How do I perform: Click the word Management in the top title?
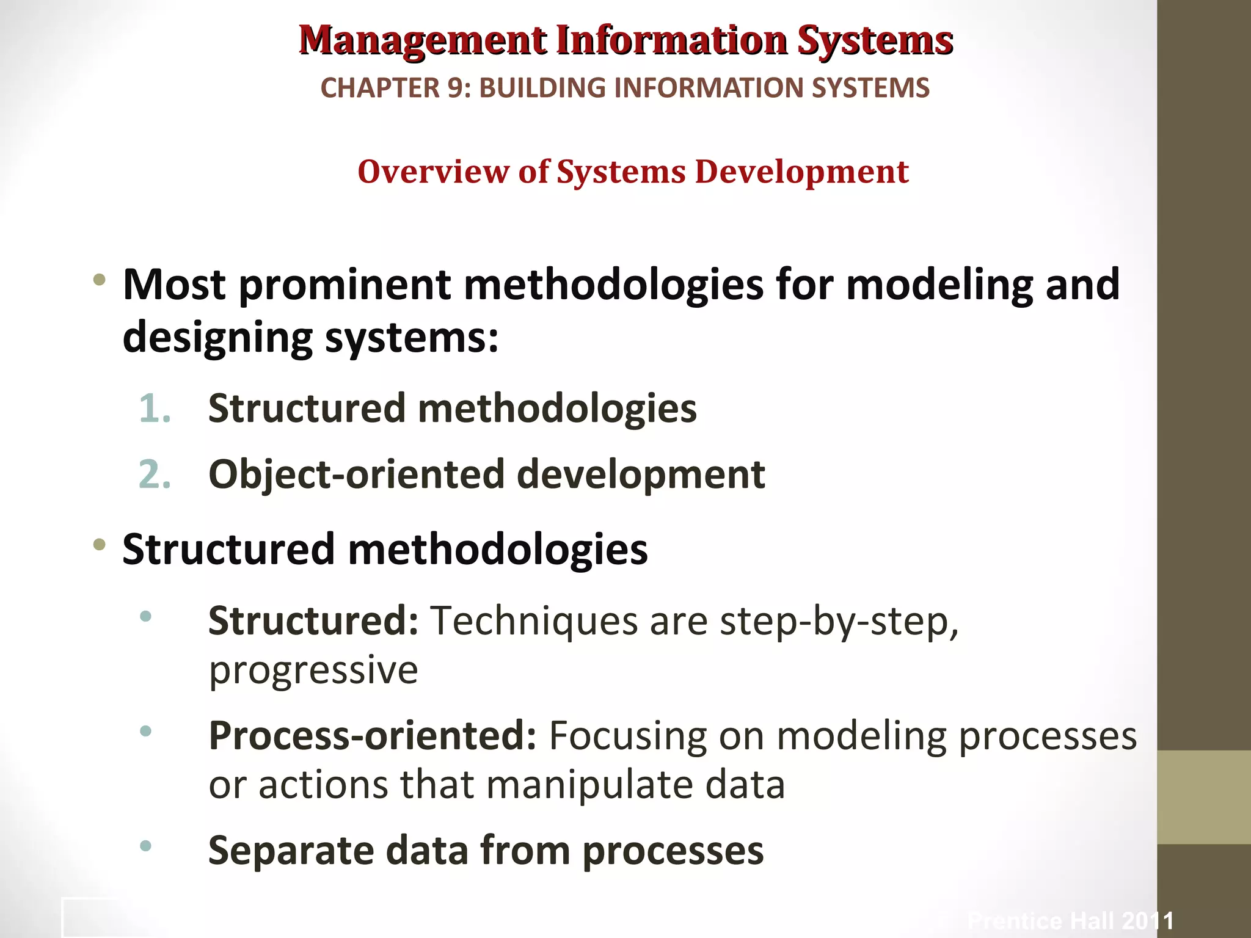423,40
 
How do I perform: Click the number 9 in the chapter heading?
455,88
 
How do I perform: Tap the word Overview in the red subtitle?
432,172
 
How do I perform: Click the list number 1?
154,409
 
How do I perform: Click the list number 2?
154,474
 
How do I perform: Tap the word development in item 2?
640,474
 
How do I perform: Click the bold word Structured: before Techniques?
313,621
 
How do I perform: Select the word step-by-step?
839,621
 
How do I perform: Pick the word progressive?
313,670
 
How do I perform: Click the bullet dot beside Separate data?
145,846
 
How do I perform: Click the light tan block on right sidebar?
1203,797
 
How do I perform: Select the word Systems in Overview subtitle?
621,172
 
